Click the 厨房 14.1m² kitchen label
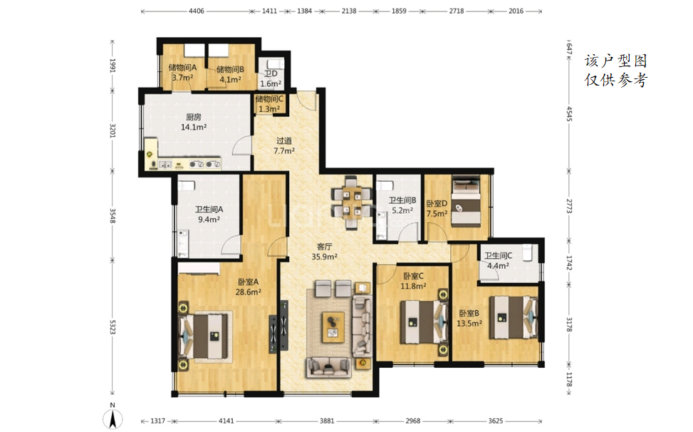click(x=194, y=122)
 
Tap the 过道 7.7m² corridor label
click(x=283, y=145)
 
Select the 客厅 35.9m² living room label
click(x=324, y=251)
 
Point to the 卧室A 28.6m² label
click(x=248, y=287)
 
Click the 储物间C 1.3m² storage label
click(x=269, y=103)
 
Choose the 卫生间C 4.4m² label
click(x=498, y=260)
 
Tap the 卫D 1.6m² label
click(x=271, y=78)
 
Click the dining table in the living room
click(x=353, y=202)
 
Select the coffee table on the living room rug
click(x=333, y=326)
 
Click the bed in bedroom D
click(x=466, y=201)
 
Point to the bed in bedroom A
click(x=204, y=336)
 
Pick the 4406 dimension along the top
click(x=197, y=11)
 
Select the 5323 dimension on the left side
click(x=113, y=326)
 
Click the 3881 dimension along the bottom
click(x=327, y=421)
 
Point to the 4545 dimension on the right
click(x=569, y=114)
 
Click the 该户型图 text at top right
click(x=615, y=61)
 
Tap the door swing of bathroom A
click(x=231, y=245)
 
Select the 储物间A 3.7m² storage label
click(x=182, y=73)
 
